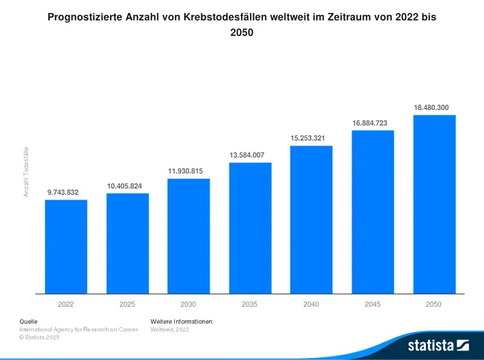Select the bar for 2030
[188, 236]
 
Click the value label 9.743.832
[63, 193]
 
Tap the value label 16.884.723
[370, 123]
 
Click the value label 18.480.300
[431, 107]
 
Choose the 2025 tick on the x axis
[127, 304]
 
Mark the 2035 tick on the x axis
[250, 304]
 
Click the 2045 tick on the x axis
[373, 304]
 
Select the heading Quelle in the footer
[28, 320]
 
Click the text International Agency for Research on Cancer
[78, 329]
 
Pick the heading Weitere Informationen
[182, 320]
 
